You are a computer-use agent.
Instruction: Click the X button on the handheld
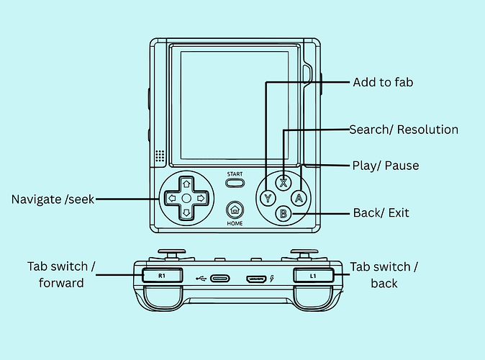[x=284, y=183]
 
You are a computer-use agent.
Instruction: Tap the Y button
[x=268, y=198]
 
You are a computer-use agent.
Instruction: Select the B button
[x=284, y=214]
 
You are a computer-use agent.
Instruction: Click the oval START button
[x=235, y=183]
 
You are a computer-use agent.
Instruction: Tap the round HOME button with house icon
[x=235, y=210]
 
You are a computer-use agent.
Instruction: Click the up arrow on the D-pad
[x=186, y=184]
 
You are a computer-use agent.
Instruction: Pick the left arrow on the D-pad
[x=172, y=199]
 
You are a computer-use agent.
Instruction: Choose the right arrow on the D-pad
[x=201, y=199]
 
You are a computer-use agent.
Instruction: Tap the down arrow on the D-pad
[x=186, y=212]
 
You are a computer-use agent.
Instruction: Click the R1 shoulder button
[x=162, y=276]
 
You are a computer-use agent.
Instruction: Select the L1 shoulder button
[x=313, y=276]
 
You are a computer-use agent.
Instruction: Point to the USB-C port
[x=220, y=279]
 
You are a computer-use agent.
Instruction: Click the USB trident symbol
[x=201, y=279]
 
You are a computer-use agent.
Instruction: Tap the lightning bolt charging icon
[x=272, y=279]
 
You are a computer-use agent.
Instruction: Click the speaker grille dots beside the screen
[x=160, y=156]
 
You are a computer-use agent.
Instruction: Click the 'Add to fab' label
[x=383, y=82]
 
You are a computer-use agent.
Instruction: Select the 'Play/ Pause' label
[x=386, y=166]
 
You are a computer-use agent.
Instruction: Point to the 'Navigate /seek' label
[x=53, y=199]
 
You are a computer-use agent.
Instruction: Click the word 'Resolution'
[x=427, y=130]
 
